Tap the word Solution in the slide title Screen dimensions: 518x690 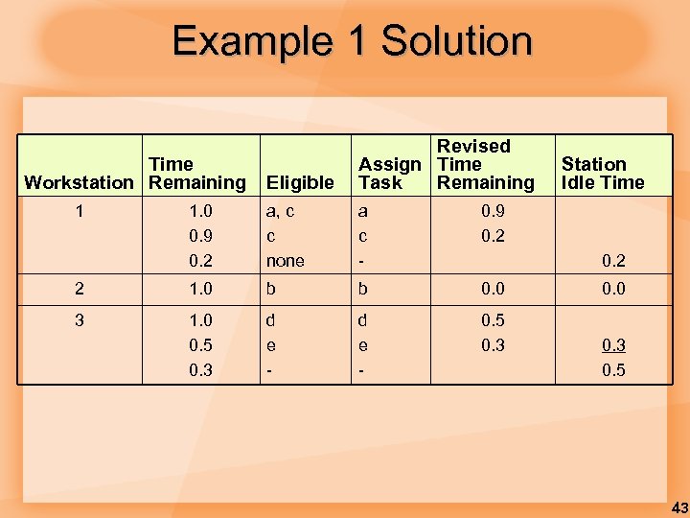456,41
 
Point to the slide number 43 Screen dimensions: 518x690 678,507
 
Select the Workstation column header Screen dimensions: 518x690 79,182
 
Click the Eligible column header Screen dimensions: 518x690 300,182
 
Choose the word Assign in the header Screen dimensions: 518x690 390,164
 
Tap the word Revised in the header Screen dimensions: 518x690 473,146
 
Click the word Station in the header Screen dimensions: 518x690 593,164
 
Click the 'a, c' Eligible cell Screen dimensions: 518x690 280,211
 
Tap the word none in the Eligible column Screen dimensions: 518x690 286,261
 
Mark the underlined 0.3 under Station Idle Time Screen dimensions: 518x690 612,345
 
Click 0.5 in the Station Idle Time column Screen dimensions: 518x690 612,370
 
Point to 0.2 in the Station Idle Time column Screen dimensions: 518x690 612,261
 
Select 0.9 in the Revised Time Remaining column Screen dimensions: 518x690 492,211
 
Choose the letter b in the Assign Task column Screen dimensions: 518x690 363,289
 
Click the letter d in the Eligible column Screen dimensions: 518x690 271,320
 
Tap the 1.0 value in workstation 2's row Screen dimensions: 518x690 200,289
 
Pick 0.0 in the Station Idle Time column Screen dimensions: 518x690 612,289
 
